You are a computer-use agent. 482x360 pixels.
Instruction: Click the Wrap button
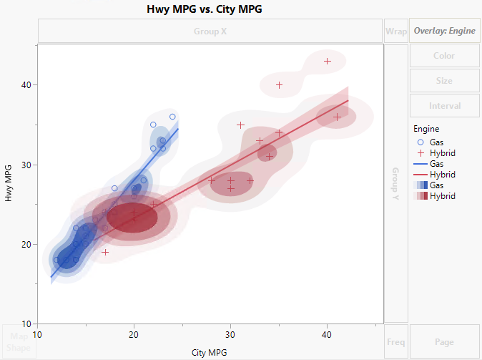tap(395, 31)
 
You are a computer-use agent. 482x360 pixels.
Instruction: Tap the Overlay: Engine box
tap(444, 31)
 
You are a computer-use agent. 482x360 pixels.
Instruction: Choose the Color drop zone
tap(444, 56)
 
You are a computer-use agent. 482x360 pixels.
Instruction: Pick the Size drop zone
tap(444, 81)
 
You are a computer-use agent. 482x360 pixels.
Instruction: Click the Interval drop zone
tap(444, 106)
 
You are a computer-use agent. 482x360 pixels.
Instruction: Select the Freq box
tap(395, 342)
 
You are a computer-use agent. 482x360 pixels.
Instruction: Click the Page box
tap(444, 342)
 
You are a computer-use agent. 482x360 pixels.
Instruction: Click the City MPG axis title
tap(210, 352)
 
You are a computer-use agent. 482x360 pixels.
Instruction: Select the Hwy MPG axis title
tap(9, 185)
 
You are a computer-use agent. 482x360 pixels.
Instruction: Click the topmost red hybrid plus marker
tap(328, 62)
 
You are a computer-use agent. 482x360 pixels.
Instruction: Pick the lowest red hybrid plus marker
tap(105, 253)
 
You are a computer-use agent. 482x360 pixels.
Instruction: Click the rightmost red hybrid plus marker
tap(337, 117)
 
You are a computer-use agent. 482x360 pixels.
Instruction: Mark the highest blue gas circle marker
tap(172, 117)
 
